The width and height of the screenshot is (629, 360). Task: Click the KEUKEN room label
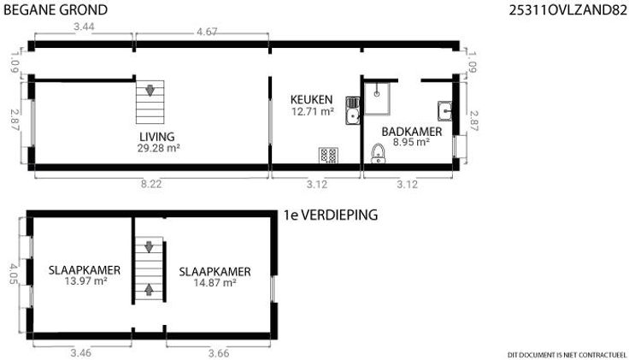tap(312, 99)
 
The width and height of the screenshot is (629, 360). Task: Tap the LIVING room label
tap(157, 137)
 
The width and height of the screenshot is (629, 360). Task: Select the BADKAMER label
tap(412, 132)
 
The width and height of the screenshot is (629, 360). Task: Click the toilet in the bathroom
tap(378, 154)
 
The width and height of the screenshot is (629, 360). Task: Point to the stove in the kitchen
tap(328, 156)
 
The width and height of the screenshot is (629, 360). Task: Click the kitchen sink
tap(353, 110)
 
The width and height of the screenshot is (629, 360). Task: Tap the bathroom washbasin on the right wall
tap(445, 111)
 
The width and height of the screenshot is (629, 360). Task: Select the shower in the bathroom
tap(377, 98)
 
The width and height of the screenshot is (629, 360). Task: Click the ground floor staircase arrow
tap(150, 91)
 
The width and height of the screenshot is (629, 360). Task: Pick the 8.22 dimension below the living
tap(151, 184)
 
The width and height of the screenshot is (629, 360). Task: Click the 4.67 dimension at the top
tap(207, 32)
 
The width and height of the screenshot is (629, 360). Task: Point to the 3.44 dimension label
tap(84, 27)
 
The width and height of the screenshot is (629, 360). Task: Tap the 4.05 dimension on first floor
tap(14, 274)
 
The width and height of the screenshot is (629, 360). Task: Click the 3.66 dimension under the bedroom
tap(219, 353)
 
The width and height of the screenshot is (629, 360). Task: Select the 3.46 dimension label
tap(80, 353)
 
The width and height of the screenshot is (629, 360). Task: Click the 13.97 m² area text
tap(85, 281)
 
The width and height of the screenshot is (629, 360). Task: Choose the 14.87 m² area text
tap(215, 282)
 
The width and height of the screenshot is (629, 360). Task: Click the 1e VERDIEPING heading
tap(331, 215)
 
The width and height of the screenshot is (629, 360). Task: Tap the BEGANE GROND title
tap(56, 9)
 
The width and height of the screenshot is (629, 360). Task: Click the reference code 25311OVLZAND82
tap(567, 10)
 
